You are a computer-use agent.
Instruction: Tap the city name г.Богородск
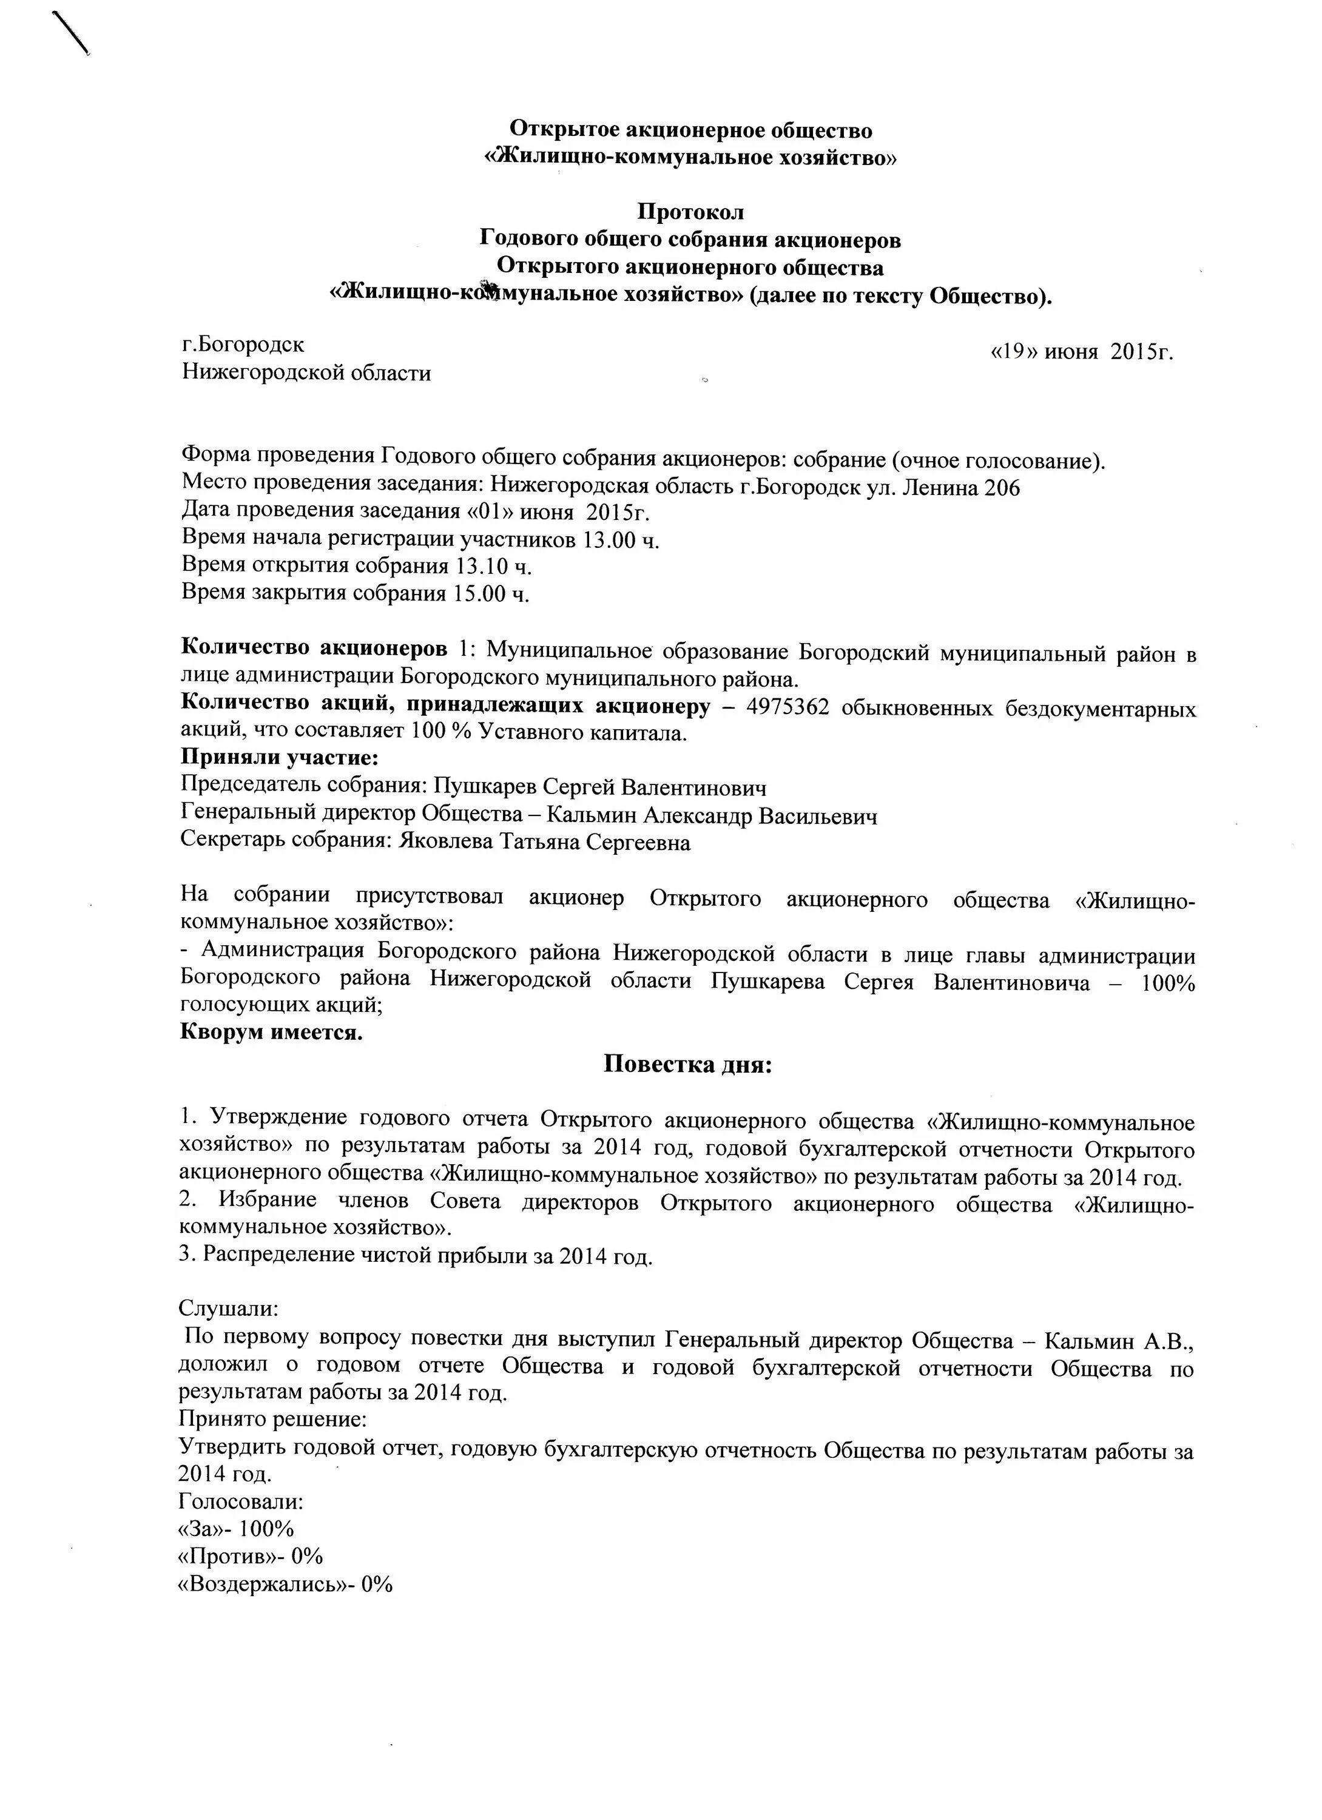(x=243, y=344)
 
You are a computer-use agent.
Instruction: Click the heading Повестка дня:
(x=687, y=1065)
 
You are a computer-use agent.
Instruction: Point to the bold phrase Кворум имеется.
(x=271, y=1032)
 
